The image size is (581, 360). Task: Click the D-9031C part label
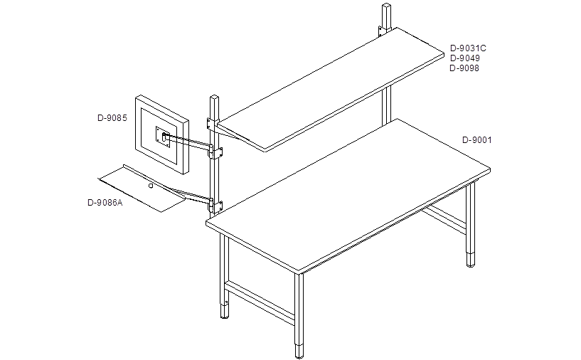point(468,48)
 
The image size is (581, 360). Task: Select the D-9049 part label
point(464,58)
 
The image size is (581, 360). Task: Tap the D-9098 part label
point(464,68)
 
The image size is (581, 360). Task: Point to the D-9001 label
point(477,140)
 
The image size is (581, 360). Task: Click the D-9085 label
point(112,118)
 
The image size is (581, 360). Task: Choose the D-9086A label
point(105,203)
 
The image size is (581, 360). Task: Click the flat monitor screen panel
point(161,134)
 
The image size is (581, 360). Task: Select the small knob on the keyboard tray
point(151,186)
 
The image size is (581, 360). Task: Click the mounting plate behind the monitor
point(163,137)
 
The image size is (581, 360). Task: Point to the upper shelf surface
point(331,89)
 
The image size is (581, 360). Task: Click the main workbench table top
point(348,196)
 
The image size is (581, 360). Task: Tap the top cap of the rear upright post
point(386,6)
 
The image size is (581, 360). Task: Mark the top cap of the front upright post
point(215,97)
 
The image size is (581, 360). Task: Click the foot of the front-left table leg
point(225,312)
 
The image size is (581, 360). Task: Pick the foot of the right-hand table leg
point(471,260)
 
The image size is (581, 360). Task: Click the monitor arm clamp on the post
point(215,152)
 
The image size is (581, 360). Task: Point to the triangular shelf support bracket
point(233,134)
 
